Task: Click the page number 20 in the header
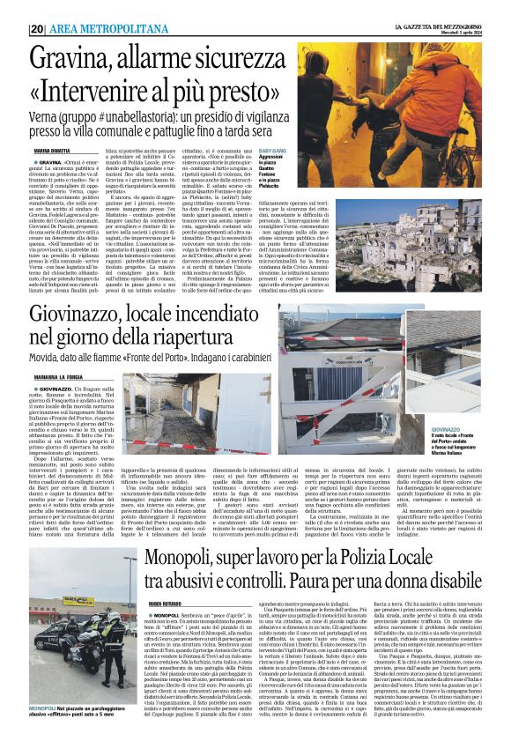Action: point(38,28)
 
